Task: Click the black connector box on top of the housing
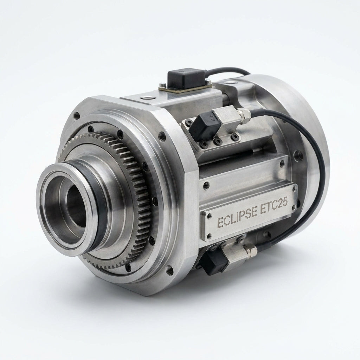[186, 78]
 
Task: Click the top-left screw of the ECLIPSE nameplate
[210, 216]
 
